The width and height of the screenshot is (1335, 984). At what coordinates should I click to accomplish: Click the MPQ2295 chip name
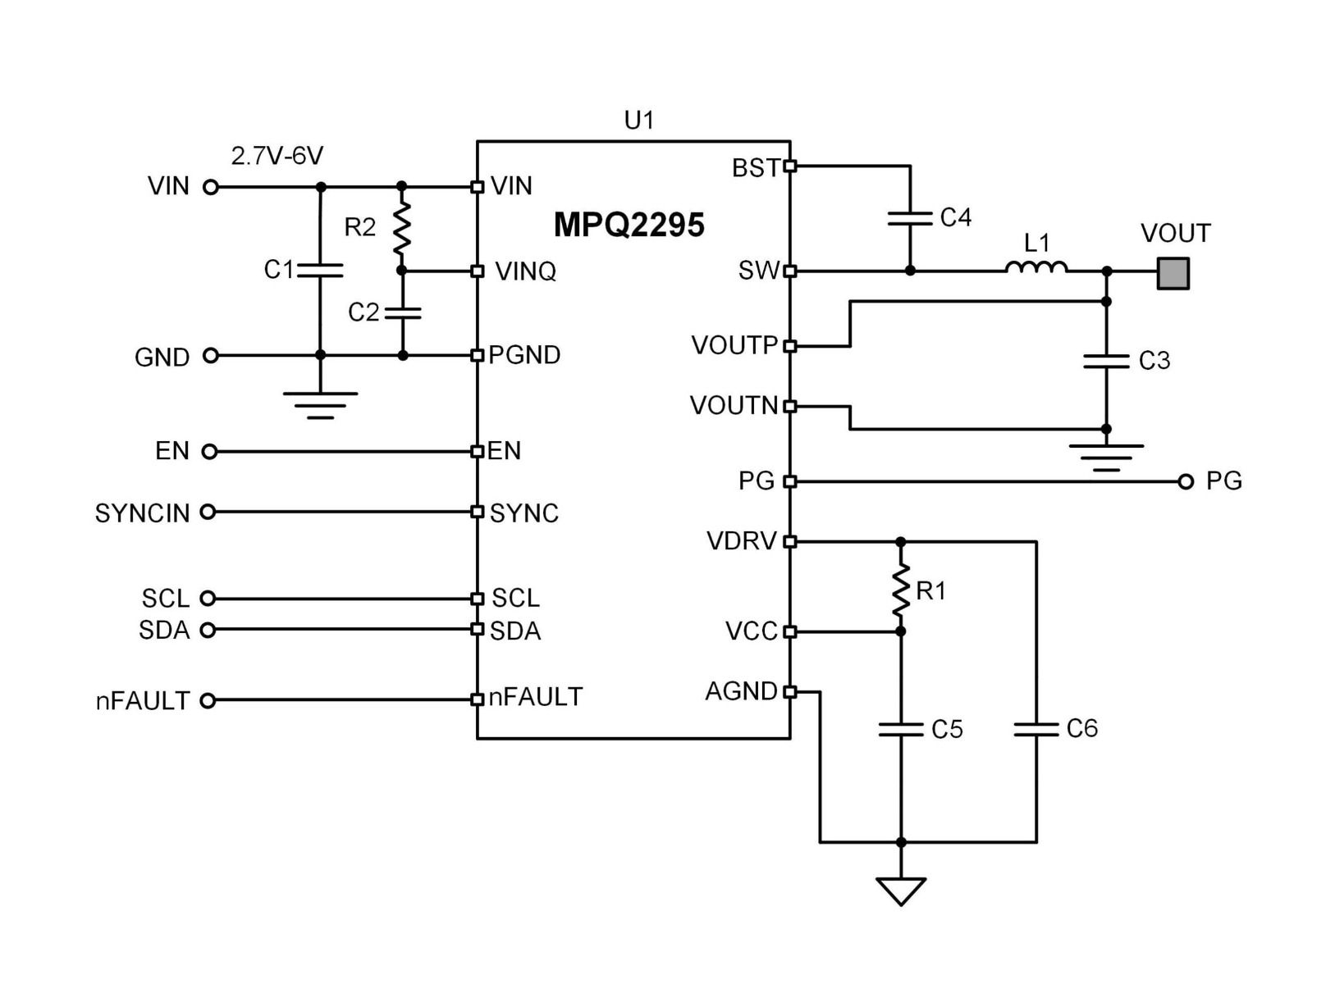click(x=629, y=225)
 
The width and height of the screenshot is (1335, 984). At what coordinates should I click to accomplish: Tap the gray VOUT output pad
click(x=1173, y=273)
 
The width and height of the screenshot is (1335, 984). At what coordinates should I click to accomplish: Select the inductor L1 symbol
click(x=1036, y=267)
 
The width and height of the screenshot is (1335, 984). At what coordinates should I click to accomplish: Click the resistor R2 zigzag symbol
click(x=401, y=229)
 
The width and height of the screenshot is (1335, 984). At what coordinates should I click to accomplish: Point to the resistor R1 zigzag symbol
click(x=901, y=588)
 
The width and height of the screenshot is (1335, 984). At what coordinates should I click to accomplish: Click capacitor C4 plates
click(x=910, y=218)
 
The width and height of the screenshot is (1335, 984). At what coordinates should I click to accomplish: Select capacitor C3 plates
click(x=1106, y=361)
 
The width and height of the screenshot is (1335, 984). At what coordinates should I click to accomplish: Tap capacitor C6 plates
click(x=1036, y=729)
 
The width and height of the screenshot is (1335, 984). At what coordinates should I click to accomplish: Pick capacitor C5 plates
click(x=901, y=729)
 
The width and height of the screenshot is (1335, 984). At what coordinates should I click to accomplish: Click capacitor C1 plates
click(x=320, y=270)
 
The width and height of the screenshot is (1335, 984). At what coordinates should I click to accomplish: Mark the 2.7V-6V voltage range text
click(x=277, y=156)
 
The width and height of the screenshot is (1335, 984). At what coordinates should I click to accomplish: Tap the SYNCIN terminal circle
click(x=208, y=512)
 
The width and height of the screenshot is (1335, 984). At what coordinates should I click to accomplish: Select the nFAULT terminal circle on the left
click(x=208, y=700)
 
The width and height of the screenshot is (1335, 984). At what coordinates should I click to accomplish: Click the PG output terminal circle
click(x=1185, y=481)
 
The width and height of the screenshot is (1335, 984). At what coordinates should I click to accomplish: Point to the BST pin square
click(x=790, y=166)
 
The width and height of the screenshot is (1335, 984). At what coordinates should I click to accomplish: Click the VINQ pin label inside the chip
click(x=525, y=271)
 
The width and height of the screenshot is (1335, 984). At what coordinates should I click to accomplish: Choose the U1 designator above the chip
click(x=639, y=121)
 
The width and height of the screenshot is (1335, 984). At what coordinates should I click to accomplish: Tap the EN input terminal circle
click(x=209, y=451)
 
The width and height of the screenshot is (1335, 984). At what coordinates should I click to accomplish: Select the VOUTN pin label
click(x=734, y=406)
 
